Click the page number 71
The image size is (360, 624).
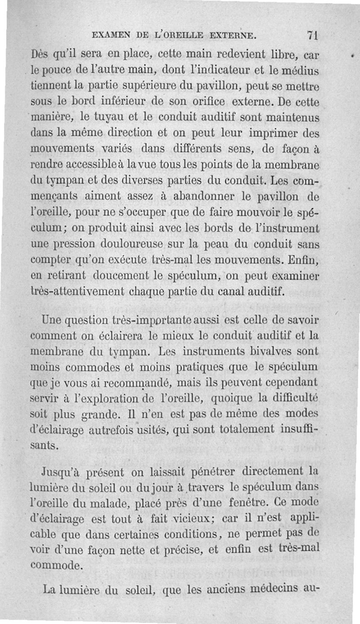tap(312, 35)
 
